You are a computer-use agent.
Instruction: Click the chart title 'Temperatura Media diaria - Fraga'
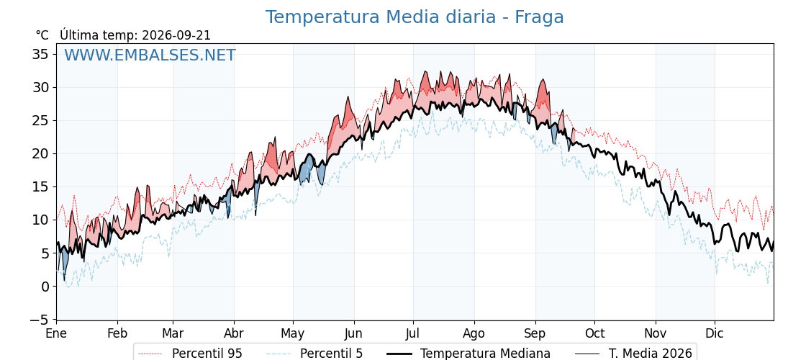pos(415,17)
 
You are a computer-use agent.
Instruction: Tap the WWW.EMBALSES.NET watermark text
pos(150,55)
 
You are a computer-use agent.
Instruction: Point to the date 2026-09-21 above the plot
pos(176,35)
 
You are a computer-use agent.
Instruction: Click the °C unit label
pos(42,35)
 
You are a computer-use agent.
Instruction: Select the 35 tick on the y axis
pos(40,54)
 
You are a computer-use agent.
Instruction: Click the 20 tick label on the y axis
pos(40,154)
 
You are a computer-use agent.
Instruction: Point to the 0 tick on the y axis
pos(45,287)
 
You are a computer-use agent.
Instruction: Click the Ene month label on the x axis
pos(57,334)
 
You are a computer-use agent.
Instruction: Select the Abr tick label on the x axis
pos(234,334)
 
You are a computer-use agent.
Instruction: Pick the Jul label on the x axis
pos(413,334)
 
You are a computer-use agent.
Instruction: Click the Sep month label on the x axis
pos(535,334)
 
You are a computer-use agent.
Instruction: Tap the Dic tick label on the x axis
pos(715,334)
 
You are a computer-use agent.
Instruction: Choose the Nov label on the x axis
pos(656,334)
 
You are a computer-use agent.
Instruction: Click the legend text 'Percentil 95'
pos(207,354)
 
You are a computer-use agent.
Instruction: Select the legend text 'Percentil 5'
pos(332,354)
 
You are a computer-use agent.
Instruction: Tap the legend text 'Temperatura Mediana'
pos(485,354)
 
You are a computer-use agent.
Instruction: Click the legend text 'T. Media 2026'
pos(651,354)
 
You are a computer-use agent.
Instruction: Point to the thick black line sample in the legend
pos(399,354)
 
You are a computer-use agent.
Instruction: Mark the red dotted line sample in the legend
pos(150,354)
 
